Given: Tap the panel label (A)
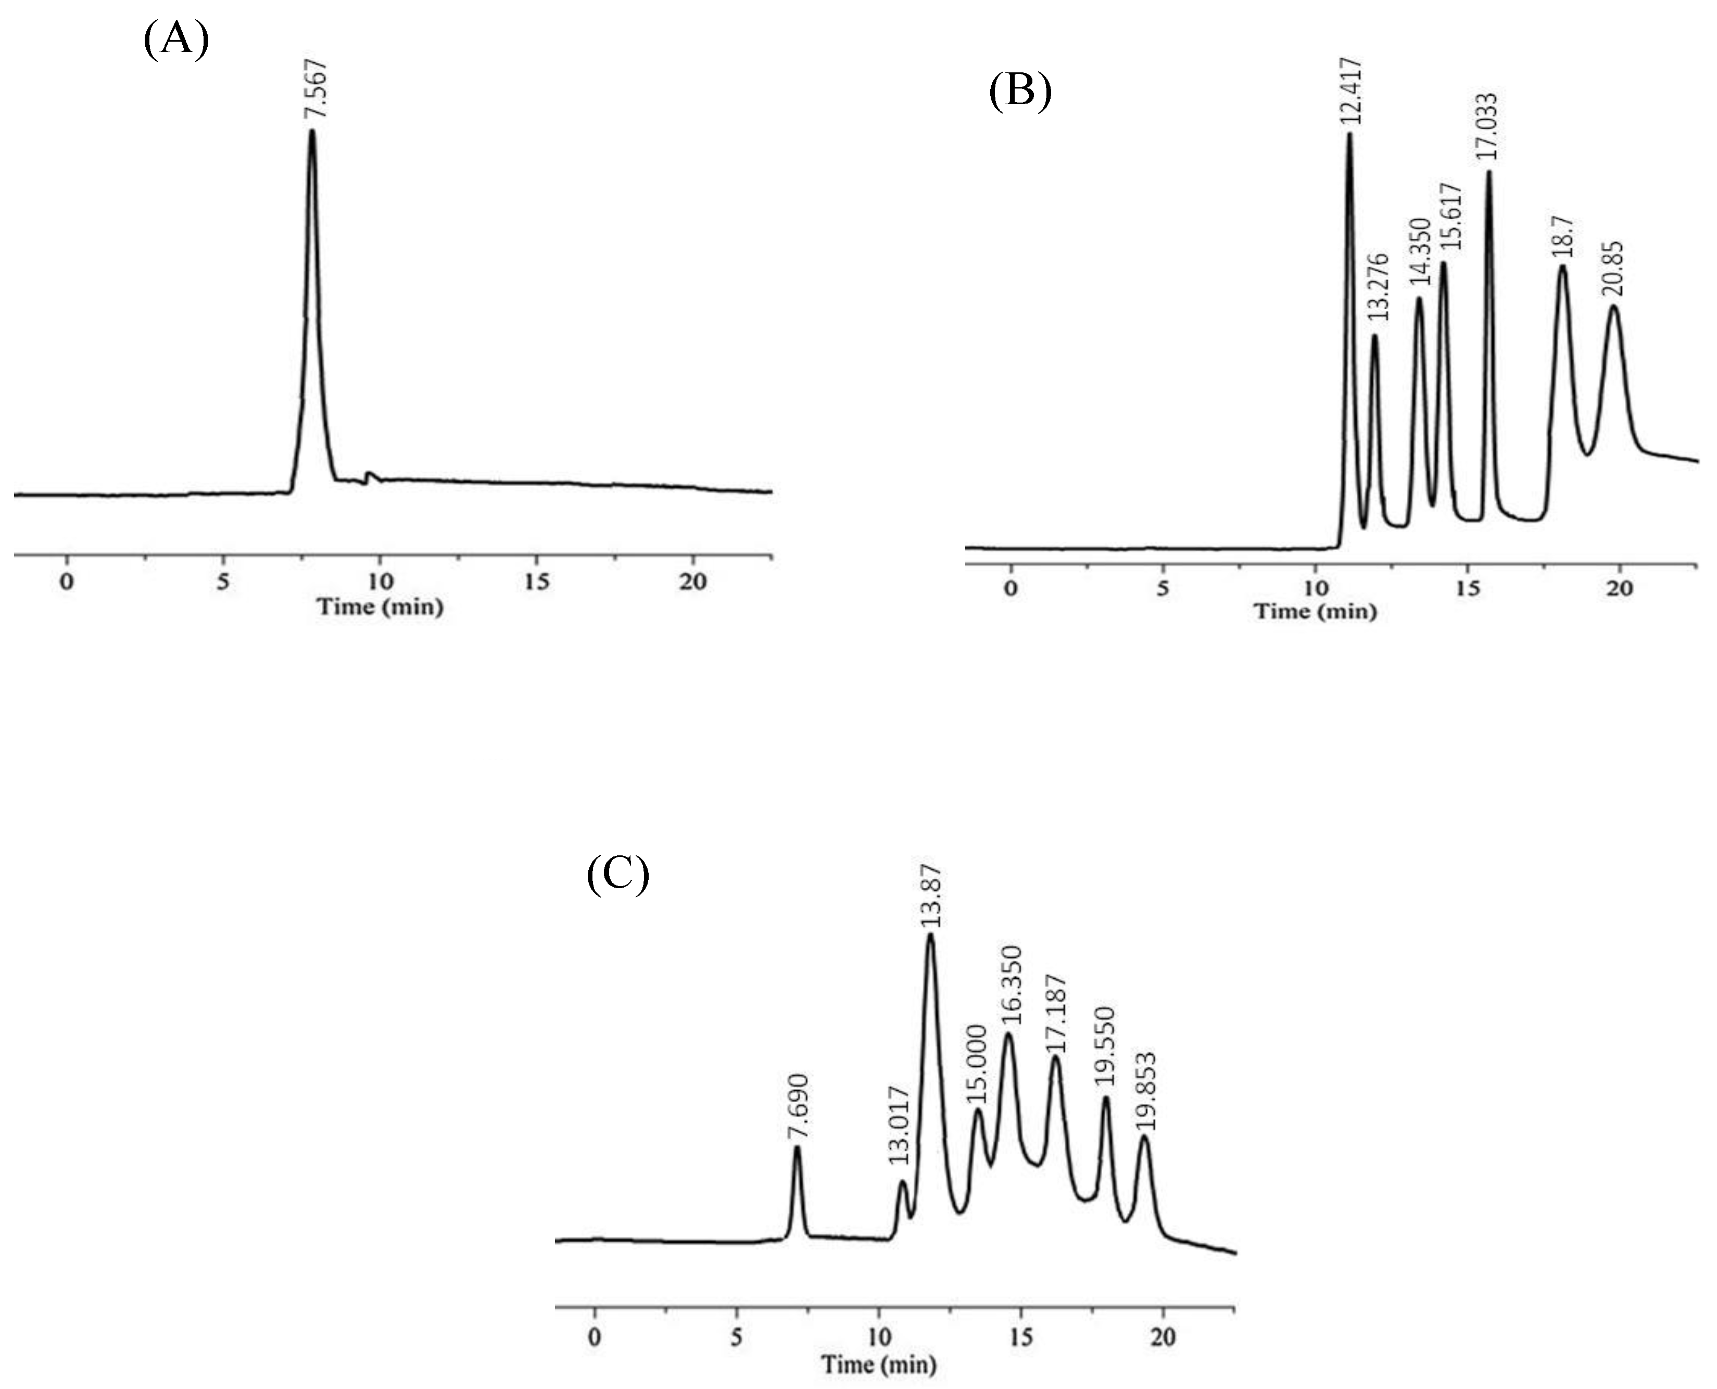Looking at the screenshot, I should (176, 39).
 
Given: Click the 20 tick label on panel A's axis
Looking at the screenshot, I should (693, 582).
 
